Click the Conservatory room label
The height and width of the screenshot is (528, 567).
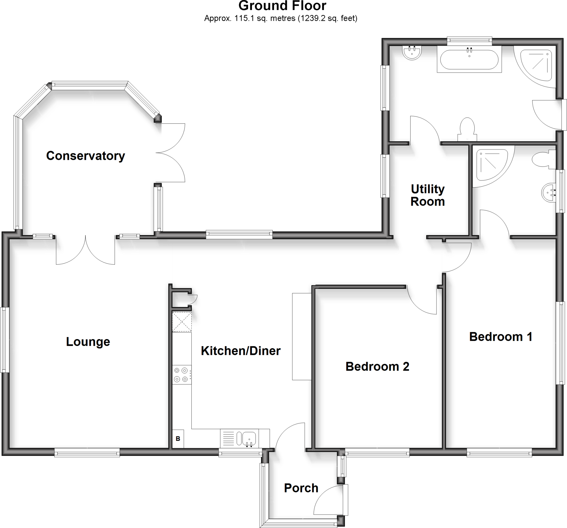click(86, 156)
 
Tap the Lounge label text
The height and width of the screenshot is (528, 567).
click(88, 342)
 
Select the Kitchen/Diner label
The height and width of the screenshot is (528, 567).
click(241, 351)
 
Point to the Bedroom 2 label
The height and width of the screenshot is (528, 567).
click(377, 366)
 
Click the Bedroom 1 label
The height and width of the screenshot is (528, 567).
click(501, 337)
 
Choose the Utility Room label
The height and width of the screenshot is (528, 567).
click(427, 195)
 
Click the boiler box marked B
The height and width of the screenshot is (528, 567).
click(178, 439)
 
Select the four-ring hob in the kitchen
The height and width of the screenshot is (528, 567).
click(182, 375)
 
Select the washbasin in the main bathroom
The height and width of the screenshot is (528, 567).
click(412, 53)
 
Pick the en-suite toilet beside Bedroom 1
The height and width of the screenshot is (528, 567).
click(542, 160)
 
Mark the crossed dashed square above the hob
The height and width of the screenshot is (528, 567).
click(182, 322)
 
